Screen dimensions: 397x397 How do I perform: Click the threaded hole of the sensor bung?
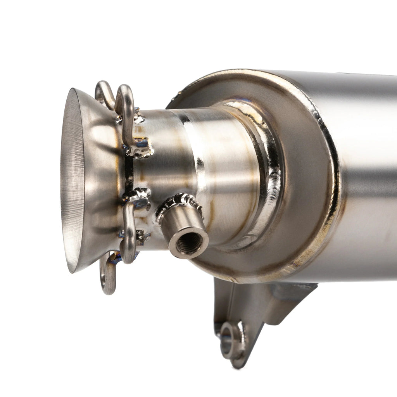[189, 243]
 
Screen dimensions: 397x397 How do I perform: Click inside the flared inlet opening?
[72, 178]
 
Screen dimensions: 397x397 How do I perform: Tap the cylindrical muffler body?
[368, 174]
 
